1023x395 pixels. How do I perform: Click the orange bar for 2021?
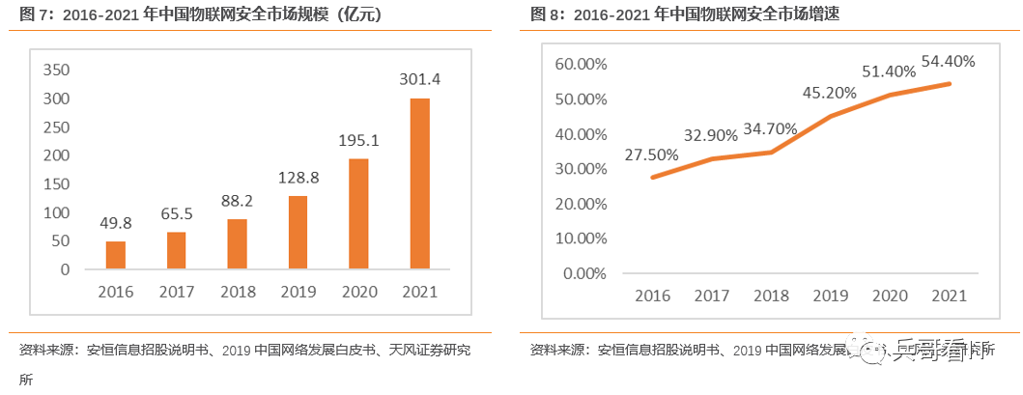click(419, 183)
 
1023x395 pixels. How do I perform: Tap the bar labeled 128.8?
click(298, 232)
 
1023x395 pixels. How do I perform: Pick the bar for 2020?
click(358, 213)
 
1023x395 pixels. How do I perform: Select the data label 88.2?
click(237, 200)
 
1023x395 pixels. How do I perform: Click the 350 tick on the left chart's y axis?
click(58, 71)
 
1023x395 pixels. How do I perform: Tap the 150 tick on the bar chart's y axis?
click(58, 183)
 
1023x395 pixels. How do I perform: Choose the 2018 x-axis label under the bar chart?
click(237, 292)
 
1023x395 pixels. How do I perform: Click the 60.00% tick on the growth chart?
click(580, 64)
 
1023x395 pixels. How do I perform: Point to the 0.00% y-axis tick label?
click(583, 272)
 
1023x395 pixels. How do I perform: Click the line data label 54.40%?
click(948, 61)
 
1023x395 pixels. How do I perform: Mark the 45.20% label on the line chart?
click(830, 93)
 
